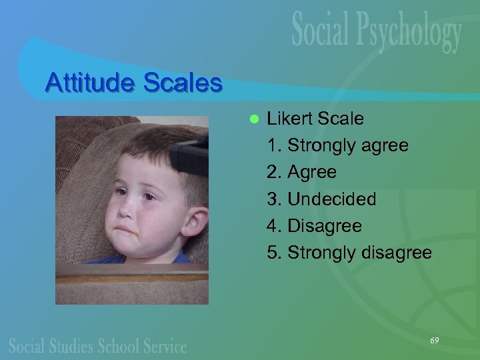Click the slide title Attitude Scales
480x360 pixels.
(x=133, y=83)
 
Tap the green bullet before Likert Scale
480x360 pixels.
(x=253, y=119)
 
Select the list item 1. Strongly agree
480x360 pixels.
(x=337, y=145)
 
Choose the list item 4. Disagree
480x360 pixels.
(x=314, y=226)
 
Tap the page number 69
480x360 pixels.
(x=434, y=341)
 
